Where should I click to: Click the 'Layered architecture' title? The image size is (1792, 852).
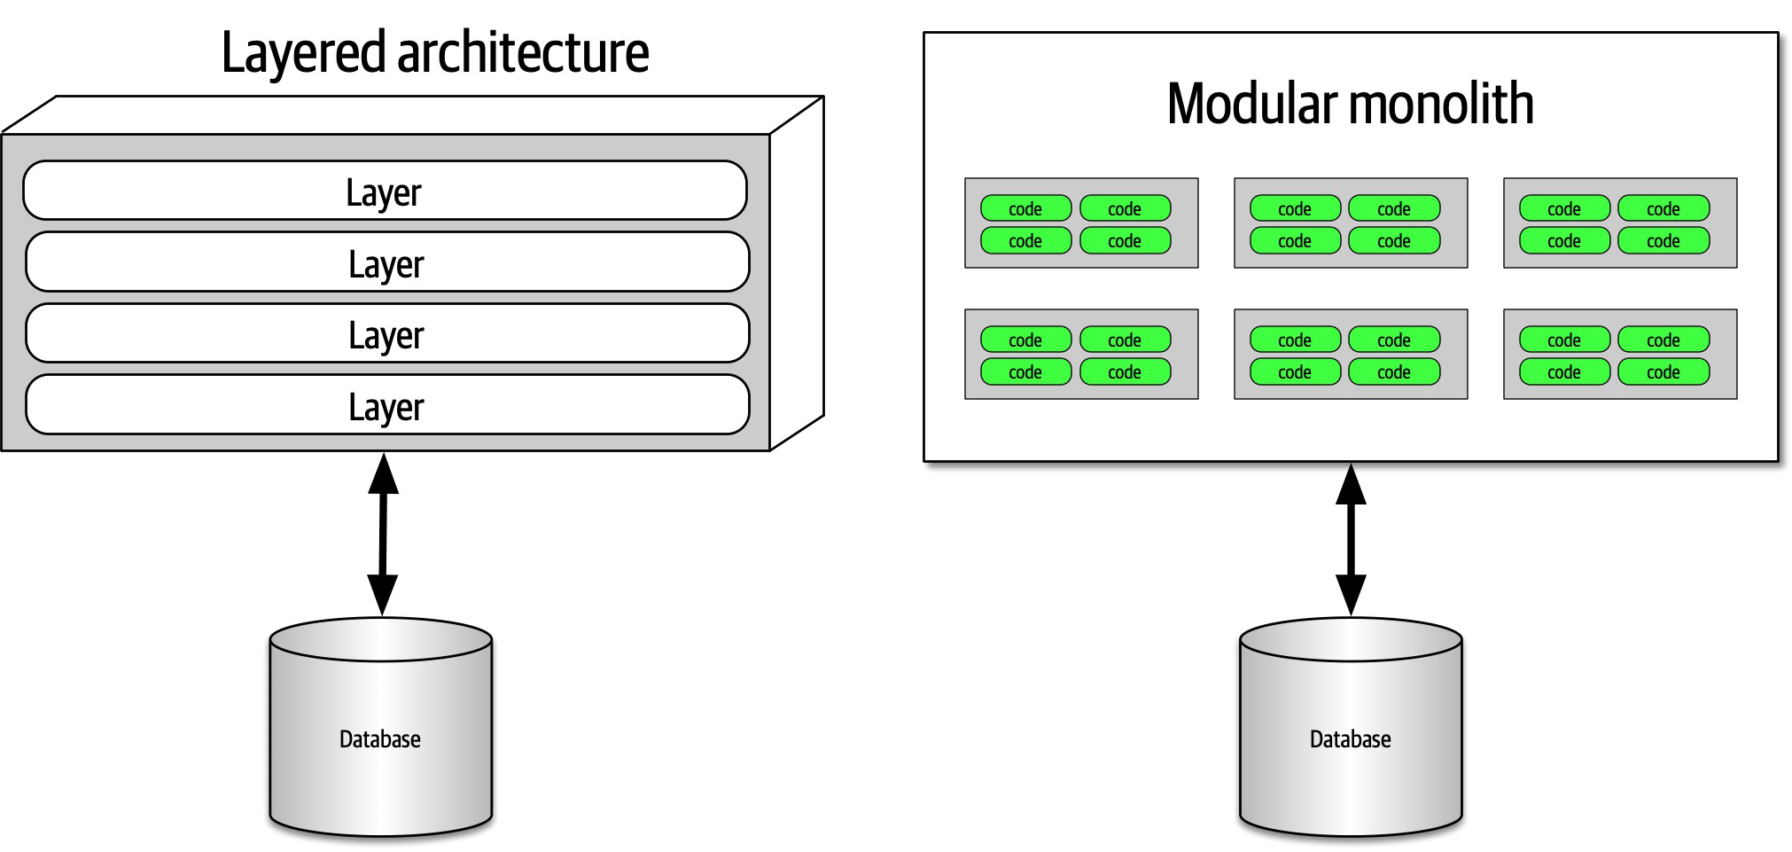click(x=434, y=52)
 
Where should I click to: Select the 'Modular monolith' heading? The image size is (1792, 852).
click(x=1350, y=104)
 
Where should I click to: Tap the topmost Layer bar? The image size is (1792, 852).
click(x=385, y=191)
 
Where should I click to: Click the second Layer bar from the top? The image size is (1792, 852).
click(x=387, y=262)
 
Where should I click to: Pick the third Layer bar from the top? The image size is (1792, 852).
click(x=387, y=334)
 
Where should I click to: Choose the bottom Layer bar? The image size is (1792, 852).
click(x=387, y=406)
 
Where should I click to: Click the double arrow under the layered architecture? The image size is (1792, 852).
click(x=383, y=535)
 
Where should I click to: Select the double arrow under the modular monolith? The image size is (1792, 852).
click(x=1351, y=540)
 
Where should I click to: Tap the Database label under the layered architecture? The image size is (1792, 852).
click(x=380, y=739)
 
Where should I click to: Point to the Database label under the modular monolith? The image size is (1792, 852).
click(x=1350, y=739)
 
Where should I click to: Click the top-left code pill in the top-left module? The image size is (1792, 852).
click(x=1025, y=209)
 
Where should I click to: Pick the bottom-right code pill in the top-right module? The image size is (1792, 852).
click(x=1663, y=241)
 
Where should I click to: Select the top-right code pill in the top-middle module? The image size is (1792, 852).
click(x=1393, y=209)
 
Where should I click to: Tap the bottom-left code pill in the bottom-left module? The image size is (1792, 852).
click(x=1025, y=372)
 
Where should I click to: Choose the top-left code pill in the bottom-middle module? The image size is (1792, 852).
click(x=1294, y=340)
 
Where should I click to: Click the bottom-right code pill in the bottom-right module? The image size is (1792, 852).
click(x=1663, y=372)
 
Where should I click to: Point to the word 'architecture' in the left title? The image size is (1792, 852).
click(x=523, y=52)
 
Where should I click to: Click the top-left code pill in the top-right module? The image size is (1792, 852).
click(x=1564, y=209)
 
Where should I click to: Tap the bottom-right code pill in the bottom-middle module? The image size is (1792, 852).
click(x=1393, y=372)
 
